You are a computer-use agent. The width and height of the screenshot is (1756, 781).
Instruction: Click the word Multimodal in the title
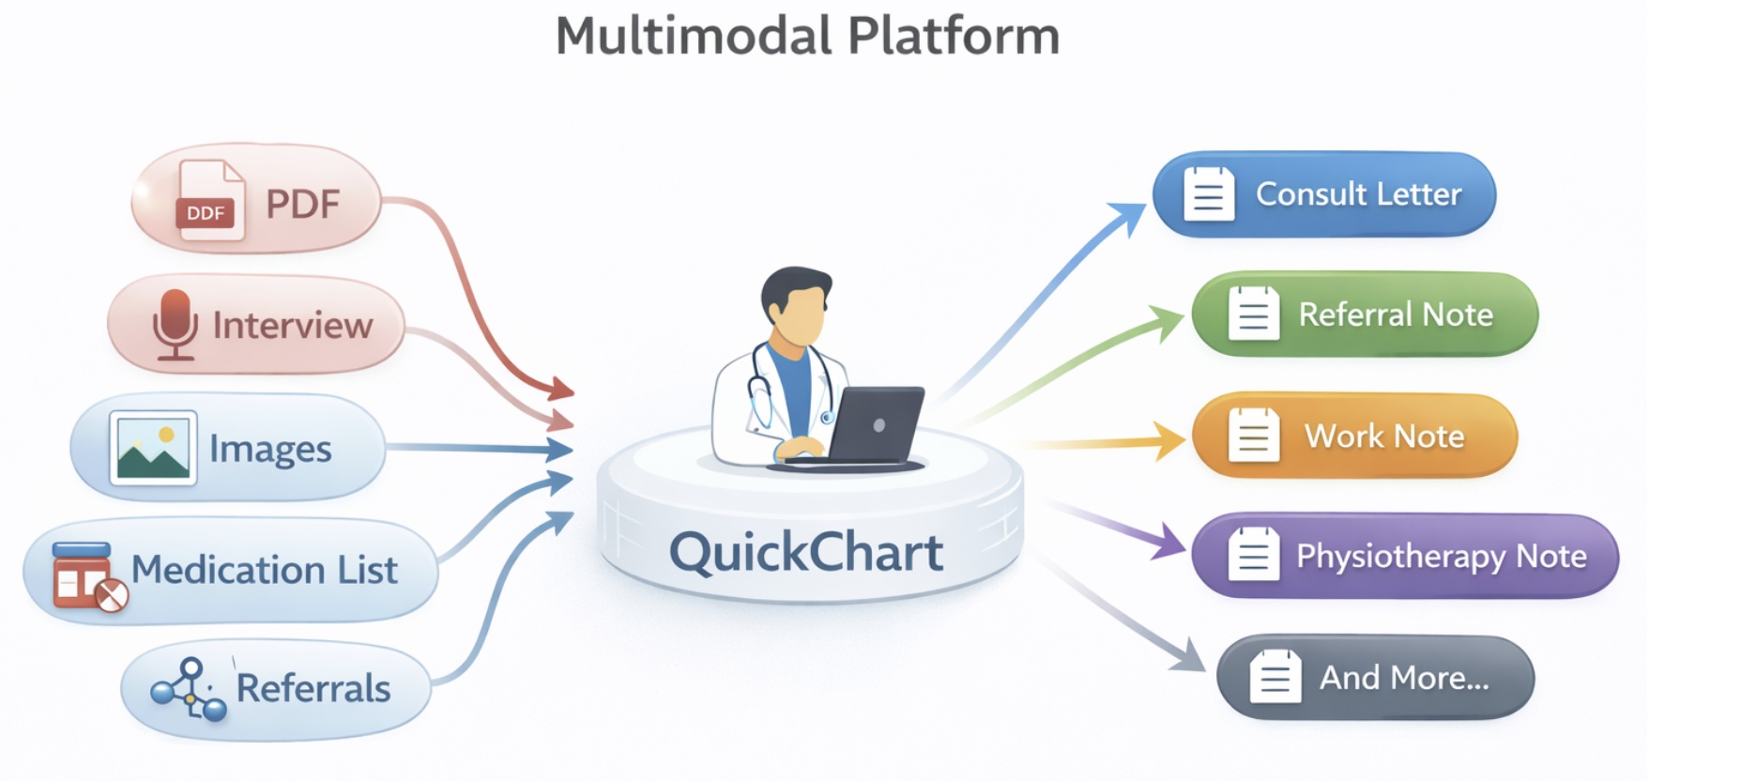click(694, 37)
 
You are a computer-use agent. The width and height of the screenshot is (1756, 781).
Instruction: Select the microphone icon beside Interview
click(175, 324)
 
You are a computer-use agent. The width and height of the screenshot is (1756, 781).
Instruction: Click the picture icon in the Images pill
click(153, 448)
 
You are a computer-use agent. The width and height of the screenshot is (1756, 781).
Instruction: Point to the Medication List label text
click(264, 570)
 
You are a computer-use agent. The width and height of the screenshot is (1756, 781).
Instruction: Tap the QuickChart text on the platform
click(805, 552)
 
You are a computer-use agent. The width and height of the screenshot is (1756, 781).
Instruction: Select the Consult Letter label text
click(1358, 194)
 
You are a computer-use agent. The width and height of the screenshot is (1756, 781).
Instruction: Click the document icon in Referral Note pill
click(1253, 314)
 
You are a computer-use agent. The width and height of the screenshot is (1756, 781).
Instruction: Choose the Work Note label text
click(1383, 436)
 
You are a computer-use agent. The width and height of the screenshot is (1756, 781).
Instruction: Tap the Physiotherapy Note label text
click(1441, 557)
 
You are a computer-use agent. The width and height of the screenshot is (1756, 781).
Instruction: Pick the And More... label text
click(1404, 678)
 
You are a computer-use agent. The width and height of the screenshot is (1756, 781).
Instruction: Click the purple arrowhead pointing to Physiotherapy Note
click(1170, 542)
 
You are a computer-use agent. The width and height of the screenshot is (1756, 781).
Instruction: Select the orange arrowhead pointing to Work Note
click(1171, 440)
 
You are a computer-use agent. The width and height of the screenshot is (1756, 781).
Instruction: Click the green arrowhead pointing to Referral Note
click(1169, 322)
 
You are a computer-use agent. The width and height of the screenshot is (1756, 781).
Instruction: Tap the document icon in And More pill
click(1275, 677)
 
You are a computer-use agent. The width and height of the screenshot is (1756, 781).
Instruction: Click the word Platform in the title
click(954, 37)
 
